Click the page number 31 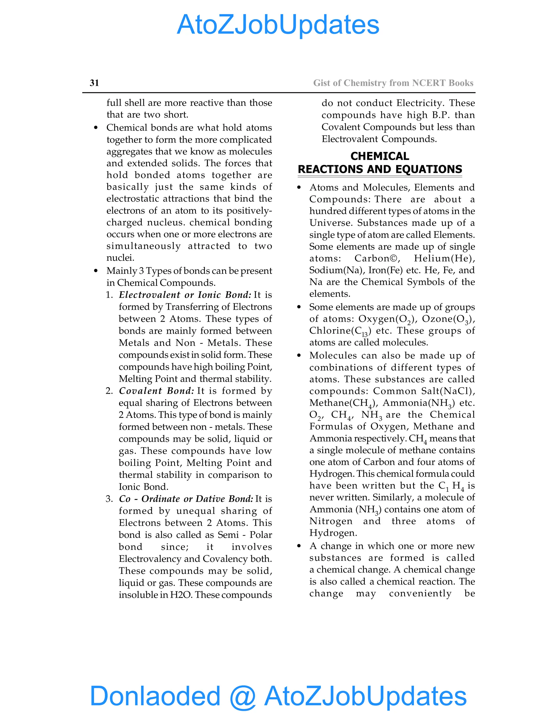click(x=94, y=83)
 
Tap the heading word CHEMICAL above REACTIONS click(x=379, y=156)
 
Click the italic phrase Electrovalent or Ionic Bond click(x=185, y=295)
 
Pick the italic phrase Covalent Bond click(x=156, y=391)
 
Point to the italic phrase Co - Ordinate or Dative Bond click(x=186, y=499)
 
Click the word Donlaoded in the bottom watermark click(x=155, y=696)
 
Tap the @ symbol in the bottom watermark click(x=243, y=696)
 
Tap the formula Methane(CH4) click(x=344, y=403)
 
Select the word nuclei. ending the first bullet click(x=120, y=258)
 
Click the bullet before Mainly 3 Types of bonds click(x=96, y=271)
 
